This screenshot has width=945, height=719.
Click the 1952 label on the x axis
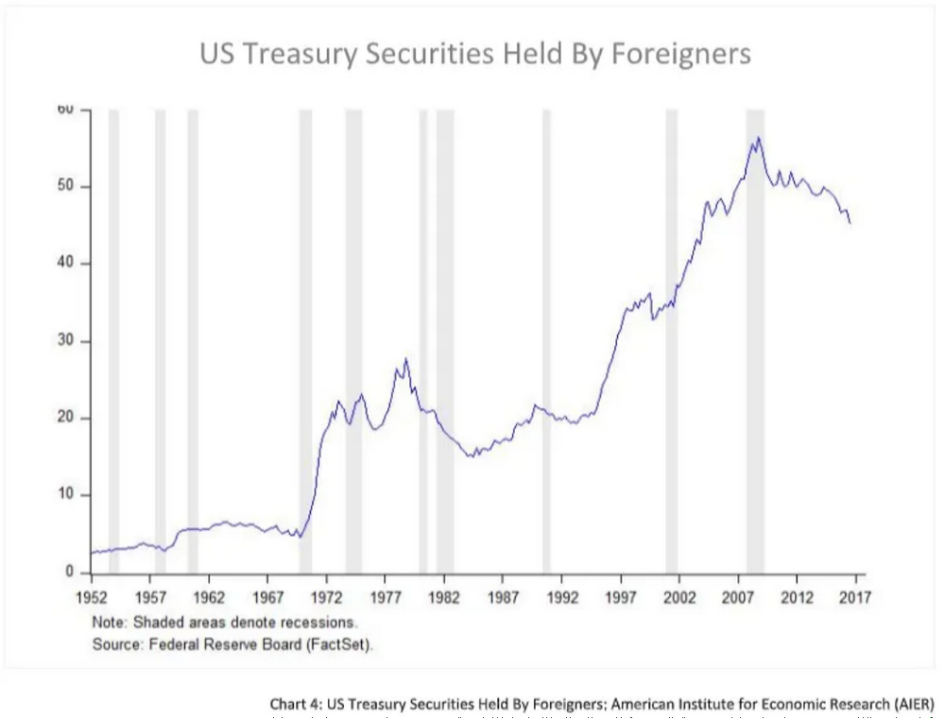point(92,597)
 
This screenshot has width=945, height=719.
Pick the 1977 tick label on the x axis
point(385,597)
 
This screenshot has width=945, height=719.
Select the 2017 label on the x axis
point(855,597)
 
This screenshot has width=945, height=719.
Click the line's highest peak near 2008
point(758,138)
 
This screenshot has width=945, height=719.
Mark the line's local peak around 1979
point(406,359)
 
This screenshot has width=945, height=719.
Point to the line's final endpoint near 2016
point(850,223)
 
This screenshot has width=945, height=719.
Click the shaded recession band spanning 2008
point(755,340)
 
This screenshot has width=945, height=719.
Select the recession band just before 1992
point(546,340)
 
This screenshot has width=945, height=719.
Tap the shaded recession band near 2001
point(671,340)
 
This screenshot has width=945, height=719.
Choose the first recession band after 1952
point(113,340)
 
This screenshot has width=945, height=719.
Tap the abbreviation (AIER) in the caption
point(912,704)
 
